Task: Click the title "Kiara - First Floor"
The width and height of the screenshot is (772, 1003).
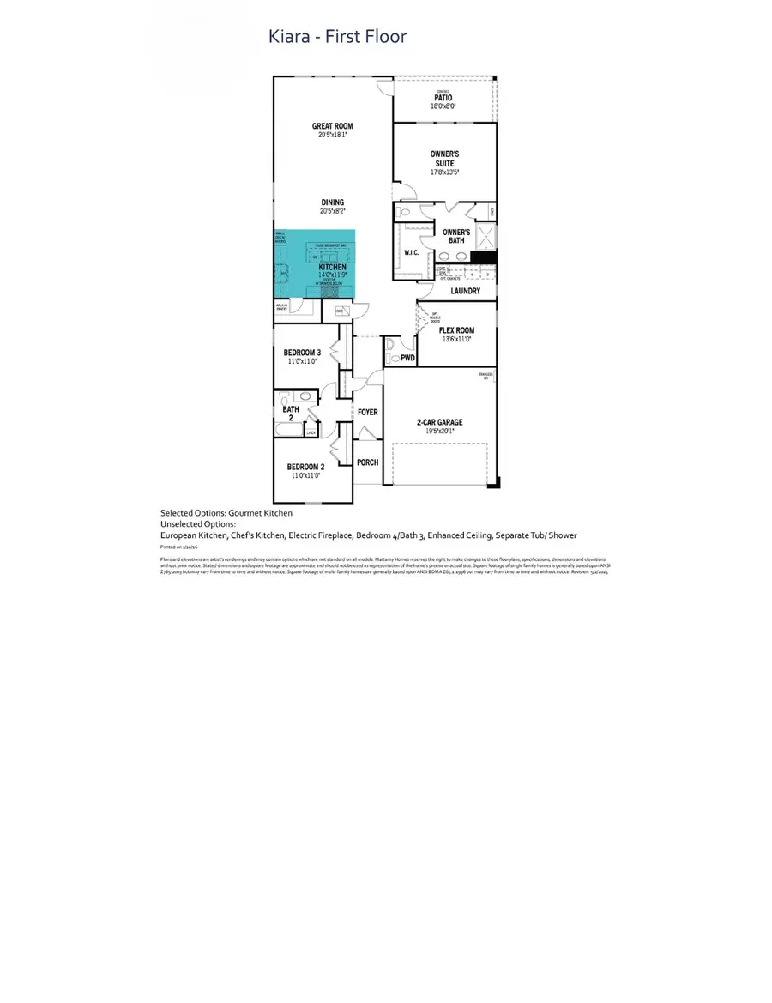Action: [x=338, y=36]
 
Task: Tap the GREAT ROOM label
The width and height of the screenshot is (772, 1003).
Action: [x=333, y=126]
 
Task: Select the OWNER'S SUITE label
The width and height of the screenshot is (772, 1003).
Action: [x=443, y=159]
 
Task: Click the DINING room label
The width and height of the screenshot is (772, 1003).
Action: [x=332, y=202]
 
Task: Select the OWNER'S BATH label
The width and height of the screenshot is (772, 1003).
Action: [x=456, y=236]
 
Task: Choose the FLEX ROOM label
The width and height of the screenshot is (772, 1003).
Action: [x=456, y=329]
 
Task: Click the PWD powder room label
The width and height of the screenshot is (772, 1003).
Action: [x=408, y=358]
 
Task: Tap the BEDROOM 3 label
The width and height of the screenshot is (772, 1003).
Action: [x=302, y=353]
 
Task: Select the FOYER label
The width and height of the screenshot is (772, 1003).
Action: [x=368, y=413]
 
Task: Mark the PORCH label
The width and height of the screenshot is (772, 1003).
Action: [x=368, y=462]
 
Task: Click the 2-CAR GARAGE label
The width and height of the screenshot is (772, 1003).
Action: [x=439, y=422]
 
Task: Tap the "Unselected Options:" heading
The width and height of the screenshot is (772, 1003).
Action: [x=198, y=523]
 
